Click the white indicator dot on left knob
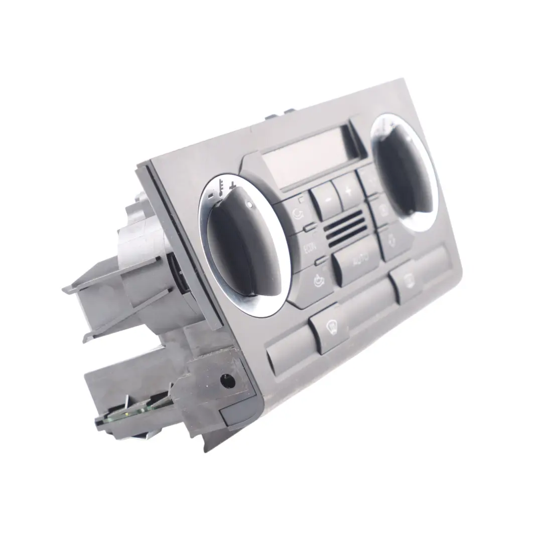click(249, 204)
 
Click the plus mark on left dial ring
click(232, 187)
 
